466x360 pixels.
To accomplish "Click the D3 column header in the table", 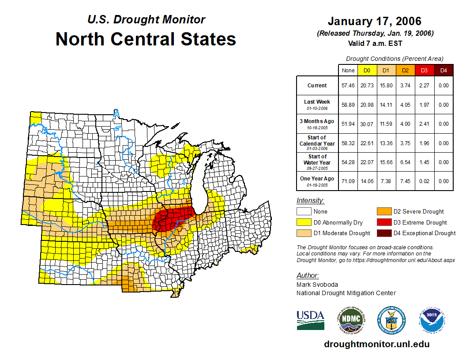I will tap(424, 71).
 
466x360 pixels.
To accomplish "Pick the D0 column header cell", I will tap(367, 71).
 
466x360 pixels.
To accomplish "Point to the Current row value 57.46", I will tap(348, 86).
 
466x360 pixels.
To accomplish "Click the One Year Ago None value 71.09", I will tap(348, 181).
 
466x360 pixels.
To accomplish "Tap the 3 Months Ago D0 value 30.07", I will tap(367, 124).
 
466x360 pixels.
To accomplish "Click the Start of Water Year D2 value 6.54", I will tap(405, 162).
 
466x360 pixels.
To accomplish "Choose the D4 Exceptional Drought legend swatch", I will tap(383, 233).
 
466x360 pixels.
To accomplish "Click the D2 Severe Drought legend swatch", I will tap(383, 211).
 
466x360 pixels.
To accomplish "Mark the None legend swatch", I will tap(304, 211).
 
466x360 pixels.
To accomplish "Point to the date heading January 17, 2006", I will tap(375, 21).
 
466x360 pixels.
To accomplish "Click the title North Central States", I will tap(146, 39).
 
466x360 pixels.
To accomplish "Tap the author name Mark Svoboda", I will tap(315, 285).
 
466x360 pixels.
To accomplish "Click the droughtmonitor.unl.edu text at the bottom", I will tap(376, 344).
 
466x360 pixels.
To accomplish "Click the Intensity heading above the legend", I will tap(310, 201).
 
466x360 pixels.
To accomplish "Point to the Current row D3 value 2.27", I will tap(424, 86).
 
